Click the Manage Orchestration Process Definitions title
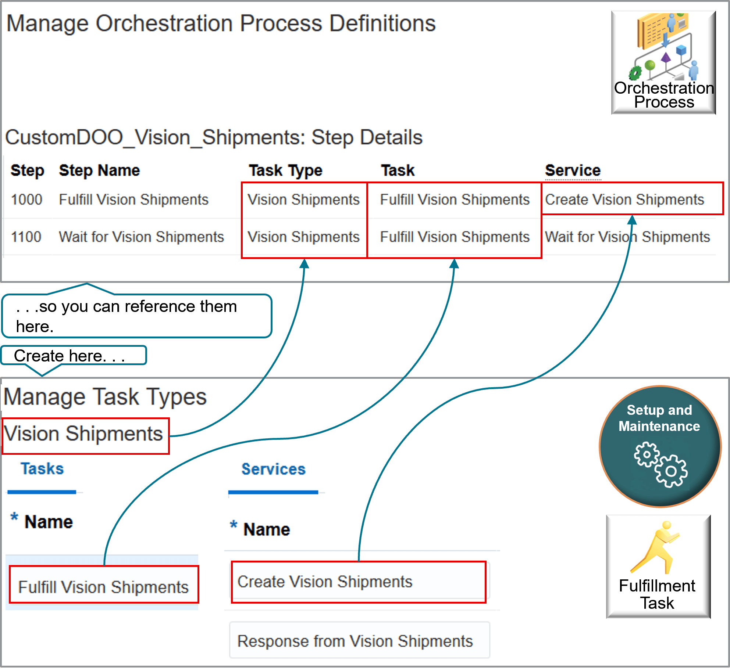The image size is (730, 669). click(x=221, y=24)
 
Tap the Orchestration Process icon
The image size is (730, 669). click(x=663, y=62)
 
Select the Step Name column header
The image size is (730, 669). click(x=99, y=170)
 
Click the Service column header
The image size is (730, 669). click(x=573, y=170)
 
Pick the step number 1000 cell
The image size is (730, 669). click(x=26, y=200)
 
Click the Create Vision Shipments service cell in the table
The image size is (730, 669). click(x=624, y=200)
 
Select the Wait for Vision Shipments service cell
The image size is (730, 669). click(x=627, y=237)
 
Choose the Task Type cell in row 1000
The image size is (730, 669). click(x=303, y=200)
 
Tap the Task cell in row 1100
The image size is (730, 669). click(x=455, y=237)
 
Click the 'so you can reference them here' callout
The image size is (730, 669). click(x=136, y=316)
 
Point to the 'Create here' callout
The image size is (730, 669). click(x=70, y=356)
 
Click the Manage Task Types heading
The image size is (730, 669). click(x=105, y=397)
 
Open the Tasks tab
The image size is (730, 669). click(x=42, y=469)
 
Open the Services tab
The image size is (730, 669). click(x=273, y=470)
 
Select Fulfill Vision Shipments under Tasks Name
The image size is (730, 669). click(x=103, y=587)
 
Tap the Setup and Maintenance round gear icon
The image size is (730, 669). click(x=660, y=447)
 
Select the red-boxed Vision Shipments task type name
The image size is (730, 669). click(x=83, y=434)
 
